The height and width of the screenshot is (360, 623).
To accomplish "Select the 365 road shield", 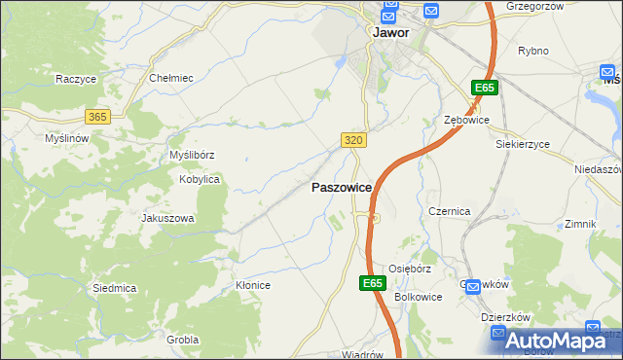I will tap(97, 116).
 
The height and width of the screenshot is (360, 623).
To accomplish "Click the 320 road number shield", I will tap(354, 141).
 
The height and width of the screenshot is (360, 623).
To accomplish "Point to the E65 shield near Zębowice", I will tap(486, 89).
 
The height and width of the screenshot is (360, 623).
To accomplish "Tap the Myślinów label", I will tap(67, 138).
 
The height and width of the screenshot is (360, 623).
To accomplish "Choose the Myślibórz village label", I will tap(192, 155).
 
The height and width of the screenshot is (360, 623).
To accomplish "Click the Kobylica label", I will tap(200, 180).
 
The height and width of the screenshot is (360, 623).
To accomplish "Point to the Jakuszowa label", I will tap(168, 218).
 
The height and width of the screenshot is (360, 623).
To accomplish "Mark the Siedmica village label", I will tap(114, 288).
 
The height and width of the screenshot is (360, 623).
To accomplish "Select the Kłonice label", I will tap(253, 285).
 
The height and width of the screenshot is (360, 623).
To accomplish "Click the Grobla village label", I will tap(183, 340).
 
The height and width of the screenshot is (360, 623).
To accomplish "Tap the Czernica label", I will tap(450, 211).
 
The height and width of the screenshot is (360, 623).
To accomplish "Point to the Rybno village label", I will tap(534, 51).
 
